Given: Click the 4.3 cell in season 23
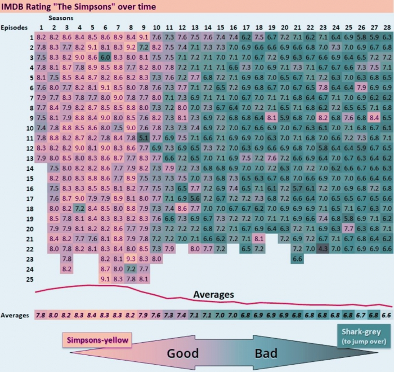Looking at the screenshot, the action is pos(323,249).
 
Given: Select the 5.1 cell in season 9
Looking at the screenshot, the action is pos(144,138).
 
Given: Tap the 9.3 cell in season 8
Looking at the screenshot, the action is pos(131,259).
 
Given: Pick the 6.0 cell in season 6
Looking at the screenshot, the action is pos(105,57).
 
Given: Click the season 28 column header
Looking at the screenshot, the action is pos(387,28).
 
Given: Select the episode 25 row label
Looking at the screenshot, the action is pos(30,280).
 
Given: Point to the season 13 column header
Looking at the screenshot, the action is pos(195,28).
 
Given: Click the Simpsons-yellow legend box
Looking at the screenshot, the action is pos(97,340).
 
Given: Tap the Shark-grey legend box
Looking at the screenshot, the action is pos(364,336).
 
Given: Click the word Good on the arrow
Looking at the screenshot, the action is pos(183,353).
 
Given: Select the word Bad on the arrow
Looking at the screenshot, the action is pos(266,353).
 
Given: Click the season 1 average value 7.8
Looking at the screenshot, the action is pos(41,315).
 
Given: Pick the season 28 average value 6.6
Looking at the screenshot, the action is pos(387,315).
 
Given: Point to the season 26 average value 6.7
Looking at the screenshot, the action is pos(361,315).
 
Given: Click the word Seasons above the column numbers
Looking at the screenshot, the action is pos(61,18).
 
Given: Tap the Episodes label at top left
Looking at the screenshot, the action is pos(14,28).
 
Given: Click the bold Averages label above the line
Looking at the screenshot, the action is pos(213,294).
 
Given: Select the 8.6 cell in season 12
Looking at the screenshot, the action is pos(182,209).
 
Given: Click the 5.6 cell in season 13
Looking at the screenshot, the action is pos(195,198).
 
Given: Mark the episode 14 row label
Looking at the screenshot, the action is pos(30,169).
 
